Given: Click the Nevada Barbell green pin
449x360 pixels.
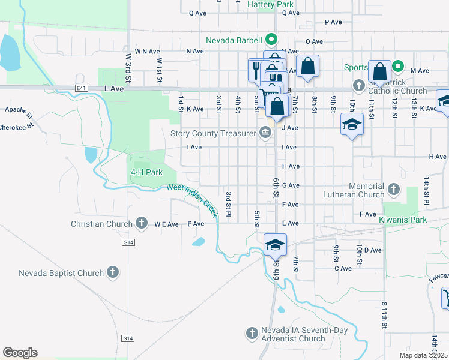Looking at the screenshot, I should tap(271, 40).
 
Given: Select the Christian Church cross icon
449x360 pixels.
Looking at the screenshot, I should tap(142, 224).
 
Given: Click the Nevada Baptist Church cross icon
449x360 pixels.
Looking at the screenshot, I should tap(112, 273).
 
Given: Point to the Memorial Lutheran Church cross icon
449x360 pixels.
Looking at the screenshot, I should tap(394, 190).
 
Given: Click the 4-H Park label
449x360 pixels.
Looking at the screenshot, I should tap(147, 172).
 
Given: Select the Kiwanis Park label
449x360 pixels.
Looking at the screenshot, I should tap(403, 220).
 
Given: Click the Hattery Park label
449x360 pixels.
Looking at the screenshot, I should tap(270, 4).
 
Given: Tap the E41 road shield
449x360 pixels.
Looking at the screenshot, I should tap(82, 88).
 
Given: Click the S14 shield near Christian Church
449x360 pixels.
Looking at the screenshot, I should tap(128, 242).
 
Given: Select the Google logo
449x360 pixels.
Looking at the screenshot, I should tap(20, 352).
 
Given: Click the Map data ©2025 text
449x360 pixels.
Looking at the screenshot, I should tap(423, 355).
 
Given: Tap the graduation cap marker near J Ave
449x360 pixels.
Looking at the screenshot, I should tap(352, 125).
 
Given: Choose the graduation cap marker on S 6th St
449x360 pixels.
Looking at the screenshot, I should tap(275, 244).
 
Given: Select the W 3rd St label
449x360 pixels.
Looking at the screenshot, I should tap(128, 63).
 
